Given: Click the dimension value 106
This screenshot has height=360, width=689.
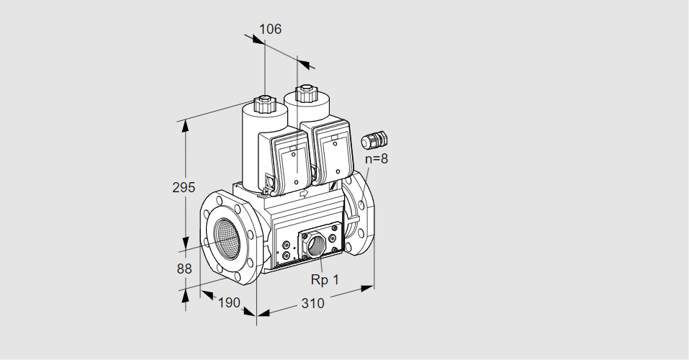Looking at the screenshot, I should (270, 29).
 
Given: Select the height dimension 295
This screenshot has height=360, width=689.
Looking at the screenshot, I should (184, 188).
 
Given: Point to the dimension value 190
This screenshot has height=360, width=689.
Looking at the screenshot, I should (228, 303).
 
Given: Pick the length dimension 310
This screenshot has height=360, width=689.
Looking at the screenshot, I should (312, 303).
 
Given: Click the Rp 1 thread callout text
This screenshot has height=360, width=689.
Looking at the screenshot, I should (324, 279).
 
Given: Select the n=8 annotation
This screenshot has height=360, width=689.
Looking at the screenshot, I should (376, 159).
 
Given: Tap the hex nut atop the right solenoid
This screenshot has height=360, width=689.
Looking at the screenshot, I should (307, 93).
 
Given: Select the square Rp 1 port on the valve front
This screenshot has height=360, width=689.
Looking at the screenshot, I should (314, 245).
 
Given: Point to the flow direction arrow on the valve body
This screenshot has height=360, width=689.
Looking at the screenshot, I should (303, 192).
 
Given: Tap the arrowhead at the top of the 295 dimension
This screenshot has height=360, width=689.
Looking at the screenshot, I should (186, 127).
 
